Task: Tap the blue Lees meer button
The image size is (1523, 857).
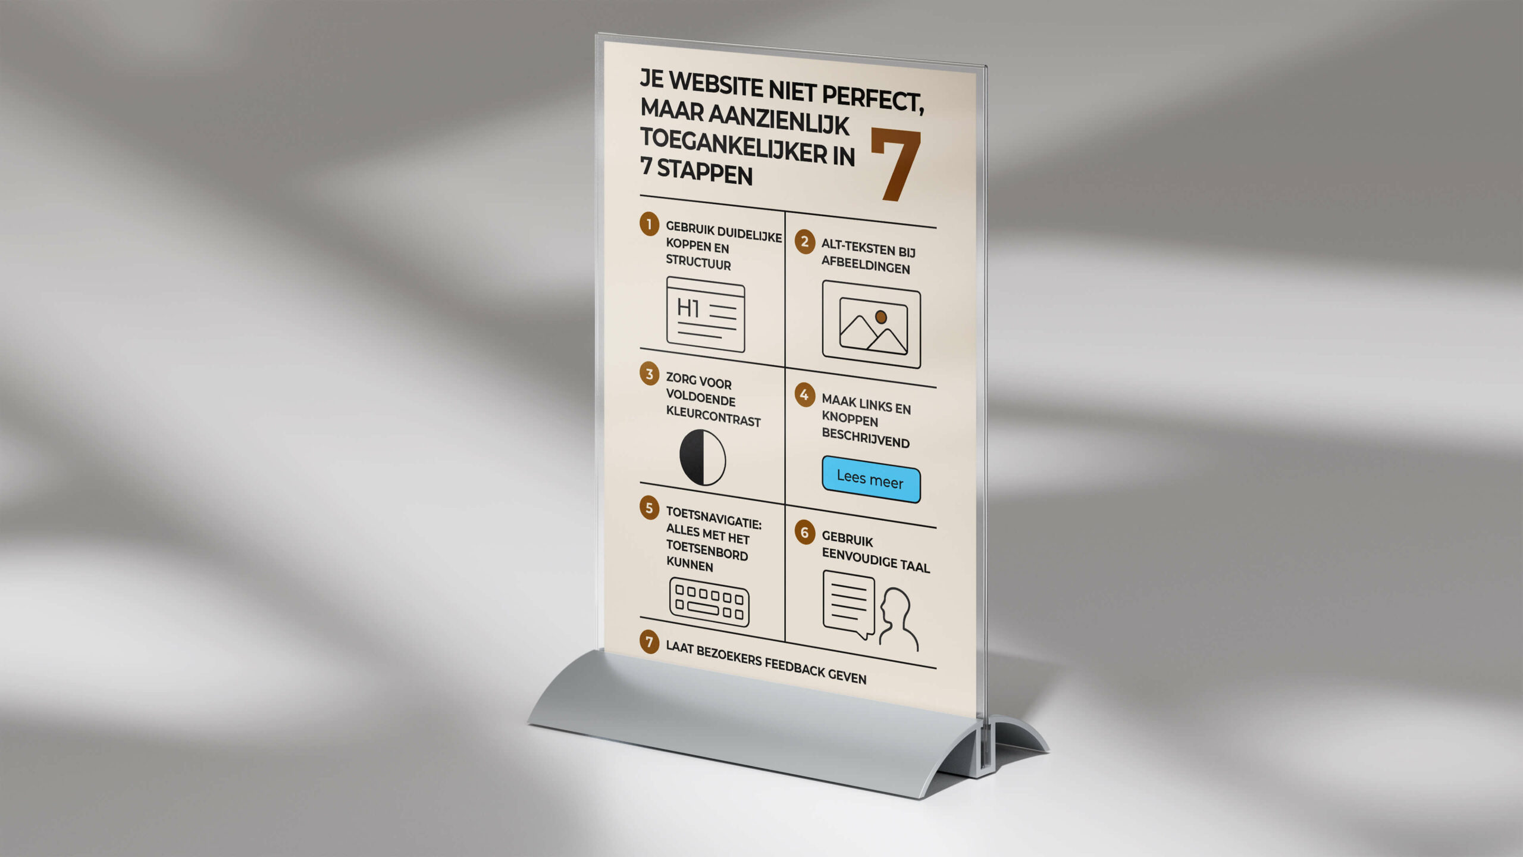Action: pyautogui.click(x=871, y=479)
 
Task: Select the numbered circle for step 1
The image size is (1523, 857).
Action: pyautogui.click(x=649, y=224)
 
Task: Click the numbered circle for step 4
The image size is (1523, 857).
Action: pyautogui.click(x=804, y=395)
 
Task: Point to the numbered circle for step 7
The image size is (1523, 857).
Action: pyautogui.click(x=649, y=642)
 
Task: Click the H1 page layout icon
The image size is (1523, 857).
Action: pyautogui.click(x=706, y=314)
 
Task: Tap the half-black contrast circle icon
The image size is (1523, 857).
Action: pyautogui.click(x=703, y=457)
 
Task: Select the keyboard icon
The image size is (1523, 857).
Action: pyautogui.click(x=709, y=602)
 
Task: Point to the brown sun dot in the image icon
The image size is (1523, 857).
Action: pyautogui.click(x=881, y=317)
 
